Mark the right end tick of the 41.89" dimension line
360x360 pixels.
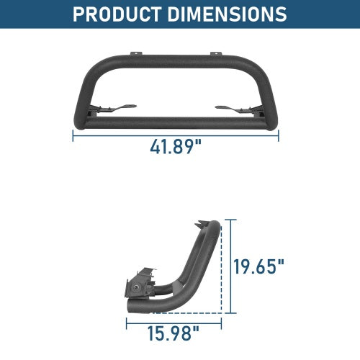coord(279,135)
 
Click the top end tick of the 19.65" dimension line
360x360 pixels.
coord(231,220)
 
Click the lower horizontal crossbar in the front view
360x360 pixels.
coord(176,122)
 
